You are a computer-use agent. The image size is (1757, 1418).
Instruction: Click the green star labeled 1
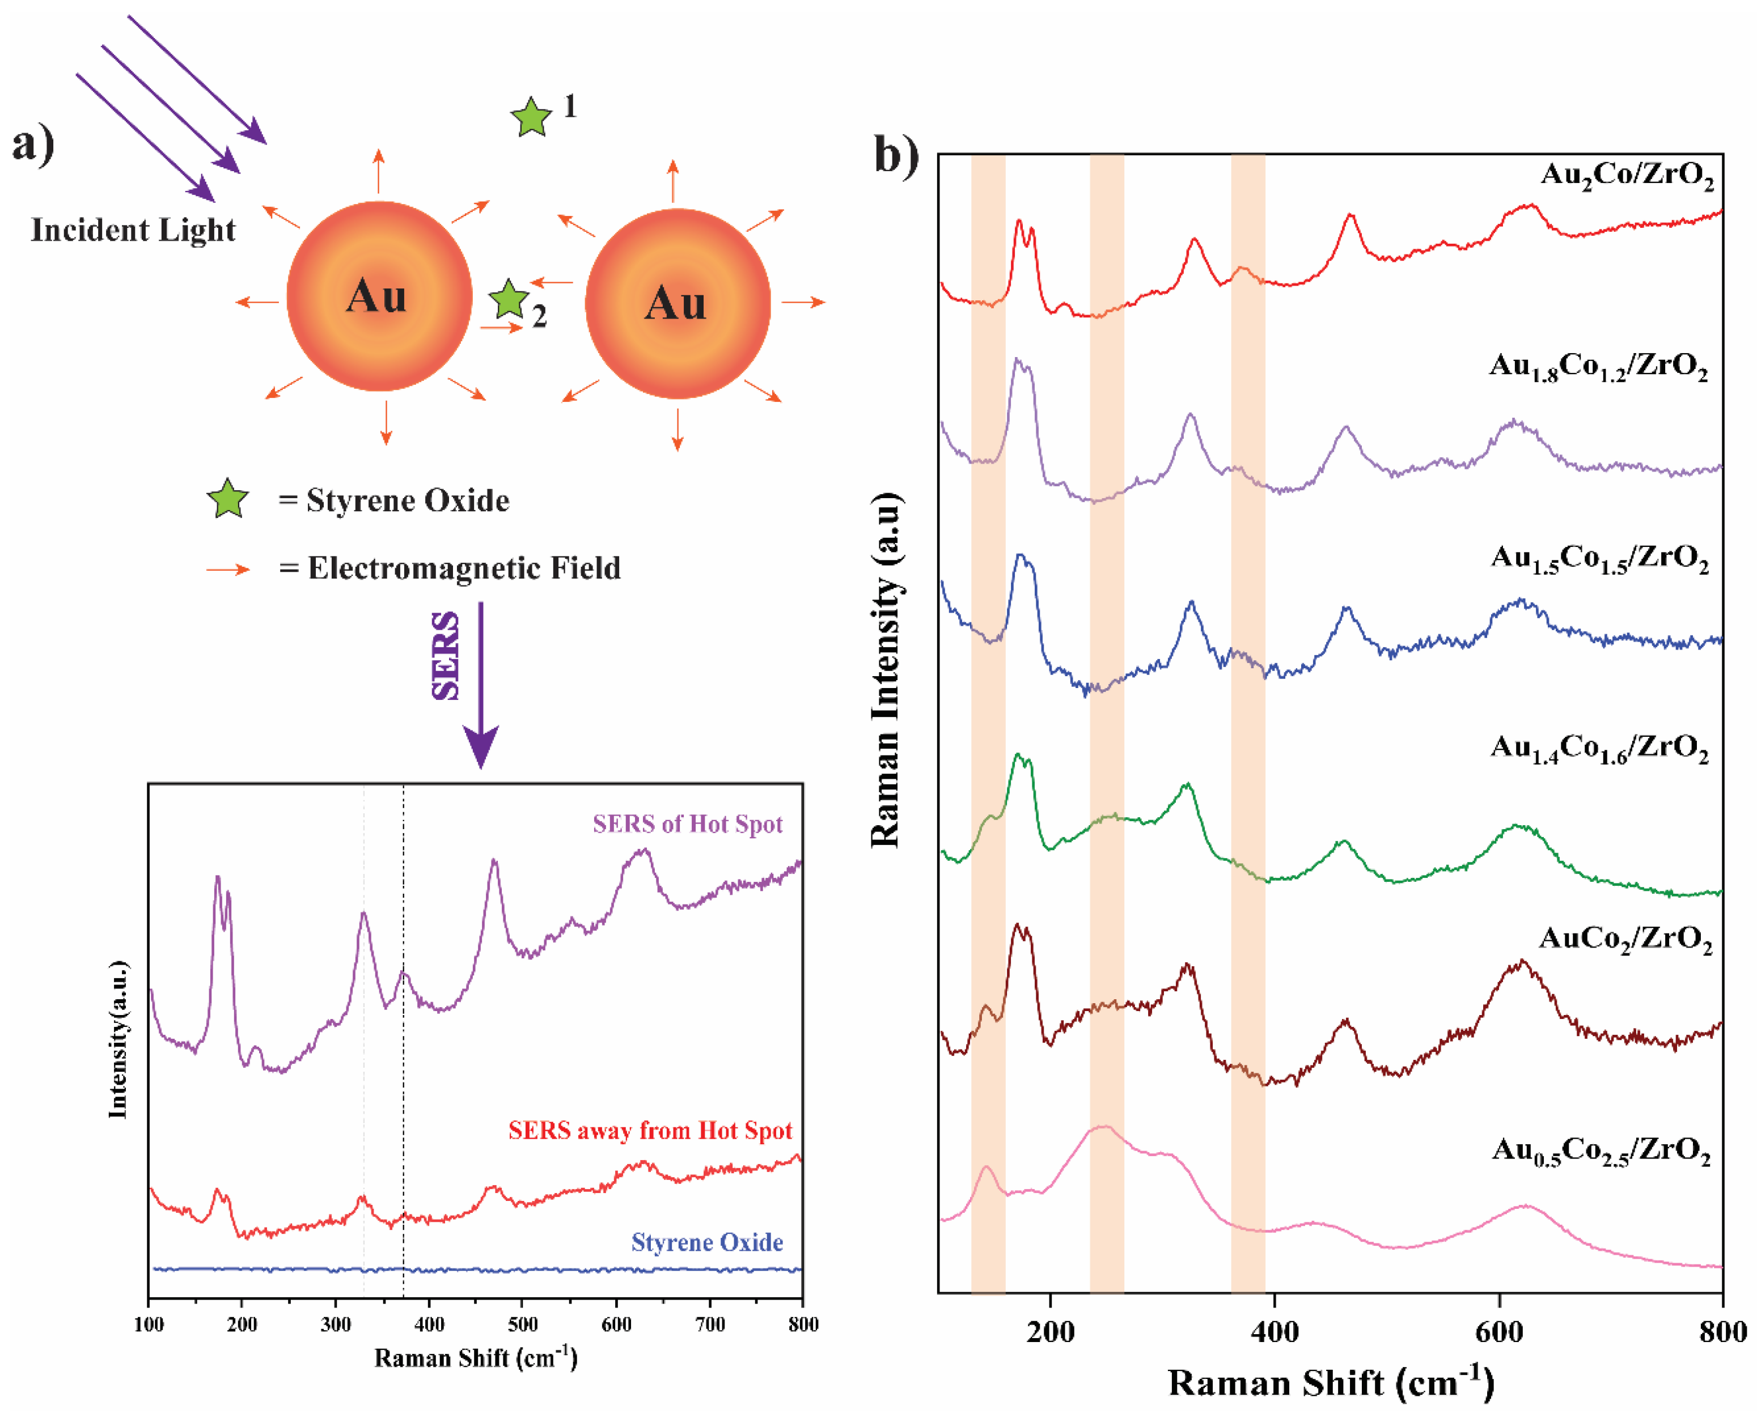point(531,118)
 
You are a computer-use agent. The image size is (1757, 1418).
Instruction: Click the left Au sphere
point(379,296)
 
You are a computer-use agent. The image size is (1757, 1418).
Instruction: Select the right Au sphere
point(678,303)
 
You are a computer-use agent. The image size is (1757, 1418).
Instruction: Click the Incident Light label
point(133,230)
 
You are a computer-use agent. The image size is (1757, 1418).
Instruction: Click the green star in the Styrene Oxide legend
point(228,499)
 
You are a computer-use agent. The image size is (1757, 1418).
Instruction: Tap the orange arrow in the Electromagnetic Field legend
point(228,570)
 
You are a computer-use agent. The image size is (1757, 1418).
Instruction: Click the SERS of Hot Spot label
point(687,823)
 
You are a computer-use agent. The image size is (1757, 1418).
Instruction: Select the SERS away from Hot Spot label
point(650,1131)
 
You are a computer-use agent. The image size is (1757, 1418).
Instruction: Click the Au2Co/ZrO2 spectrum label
point(1626,176)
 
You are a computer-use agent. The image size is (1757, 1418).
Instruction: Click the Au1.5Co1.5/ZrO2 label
point(1599,559)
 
